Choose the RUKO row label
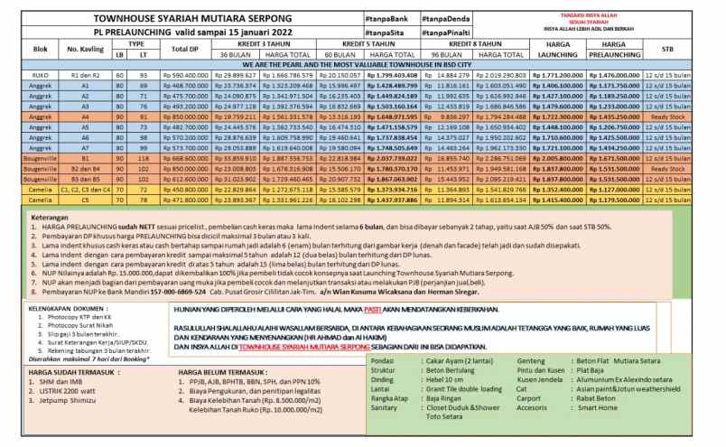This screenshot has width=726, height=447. click(x=19, y=74)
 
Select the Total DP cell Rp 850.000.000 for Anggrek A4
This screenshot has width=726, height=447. click(x=184, y=116)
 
